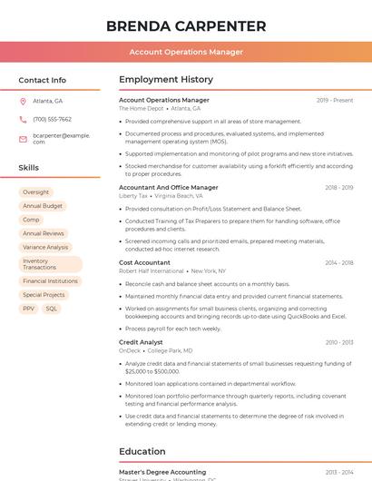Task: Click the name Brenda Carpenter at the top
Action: coord(186,25)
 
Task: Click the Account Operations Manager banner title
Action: coord(186,52)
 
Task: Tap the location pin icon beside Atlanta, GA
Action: coord(23,101)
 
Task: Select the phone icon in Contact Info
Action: coord(23,119)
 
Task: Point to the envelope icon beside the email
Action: coord(23,138)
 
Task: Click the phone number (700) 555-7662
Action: coord(52,119)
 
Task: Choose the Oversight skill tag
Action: coord(36,192)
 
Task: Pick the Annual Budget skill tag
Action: coord(43,206)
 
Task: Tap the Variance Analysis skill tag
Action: coord(45,247)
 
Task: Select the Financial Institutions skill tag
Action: coord(50,281)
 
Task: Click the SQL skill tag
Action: coord(52,309)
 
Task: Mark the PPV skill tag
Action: coord(29,309)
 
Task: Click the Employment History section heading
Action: coord(166,80)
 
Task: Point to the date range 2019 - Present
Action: coord(335,100)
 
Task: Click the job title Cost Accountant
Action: coord(144,262)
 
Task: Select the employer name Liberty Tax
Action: coord(133,195)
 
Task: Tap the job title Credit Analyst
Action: coord(141,342)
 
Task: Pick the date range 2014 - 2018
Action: coord(338,262)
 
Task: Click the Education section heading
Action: coord(142,451)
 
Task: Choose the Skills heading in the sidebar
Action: coord(29,168)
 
